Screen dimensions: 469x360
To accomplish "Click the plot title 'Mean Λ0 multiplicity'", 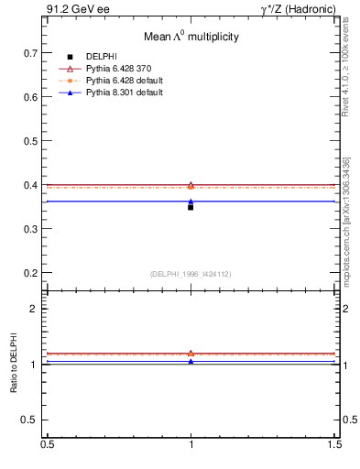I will click(191, 38).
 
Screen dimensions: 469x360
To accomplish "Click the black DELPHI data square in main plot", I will click(191, 207).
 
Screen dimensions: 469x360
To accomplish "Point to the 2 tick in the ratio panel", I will click(37, 310).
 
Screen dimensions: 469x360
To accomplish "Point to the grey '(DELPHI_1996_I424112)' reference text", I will click(191, 273).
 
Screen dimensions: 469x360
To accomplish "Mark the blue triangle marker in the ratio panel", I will click(191, 362).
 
